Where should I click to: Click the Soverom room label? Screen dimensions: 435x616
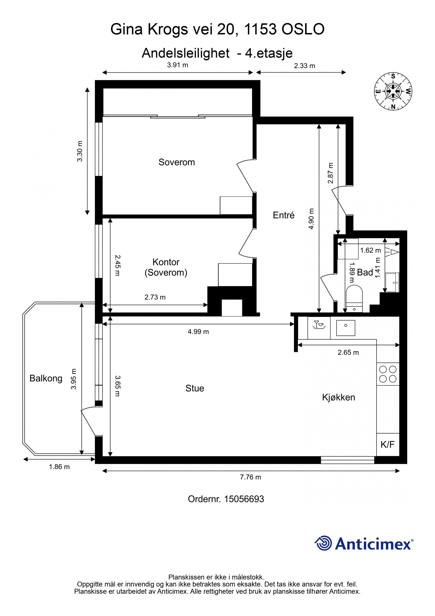(x=176, y=162)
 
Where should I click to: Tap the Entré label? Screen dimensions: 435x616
(x=284, y=215)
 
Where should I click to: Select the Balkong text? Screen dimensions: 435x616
(x=46, y=378)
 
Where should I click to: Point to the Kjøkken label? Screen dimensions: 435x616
(x=338, y=397)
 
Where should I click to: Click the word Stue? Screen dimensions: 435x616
(x=195, y=388)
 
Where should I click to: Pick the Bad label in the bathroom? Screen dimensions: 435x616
(x=365, y=272)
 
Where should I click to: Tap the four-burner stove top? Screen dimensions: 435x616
(x=388, y=374)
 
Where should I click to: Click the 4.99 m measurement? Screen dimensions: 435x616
(x=198, y=332)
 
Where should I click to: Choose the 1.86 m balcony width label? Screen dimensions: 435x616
(x=59, y=467)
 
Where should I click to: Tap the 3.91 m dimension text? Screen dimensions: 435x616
(x=178, y=65)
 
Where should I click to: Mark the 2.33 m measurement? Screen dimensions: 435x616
(x=304, y=66)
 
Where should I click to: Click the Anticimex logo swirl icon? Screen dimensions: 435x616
(x=323, y=543)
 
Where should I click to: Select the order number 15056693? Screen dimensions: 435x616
(x=244, y=499)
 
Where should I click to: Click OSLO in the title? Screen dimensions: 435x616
(x=303, y=29)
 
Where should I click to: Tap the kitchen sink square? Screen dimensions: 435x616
(x=346, y=328)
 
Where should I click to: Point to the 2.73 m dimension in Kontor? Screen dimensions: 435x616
(x=155, y=297)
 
